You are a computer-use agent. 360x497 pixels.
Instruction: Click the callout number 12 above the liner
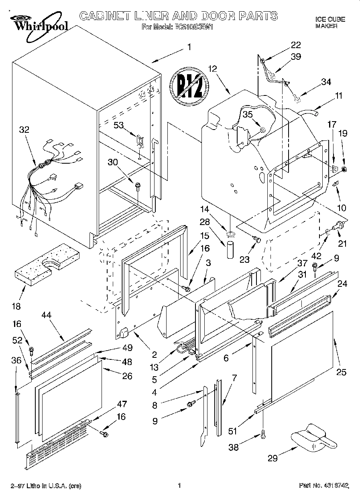coord(212,69)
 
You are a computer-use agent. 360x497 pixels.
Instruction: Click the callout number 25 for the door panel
coord(341,372)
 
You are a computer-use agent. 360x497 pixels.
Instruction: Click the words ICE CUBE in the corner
coord(330,19)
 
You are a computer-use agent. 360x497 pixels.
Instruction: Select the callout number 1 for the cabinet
coord(189,47)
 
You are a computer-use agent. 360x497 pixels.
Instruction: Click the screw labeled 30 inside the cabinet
coord(138,186)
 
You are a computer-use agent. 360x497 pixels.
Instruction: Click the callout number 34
coord(326,82)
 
